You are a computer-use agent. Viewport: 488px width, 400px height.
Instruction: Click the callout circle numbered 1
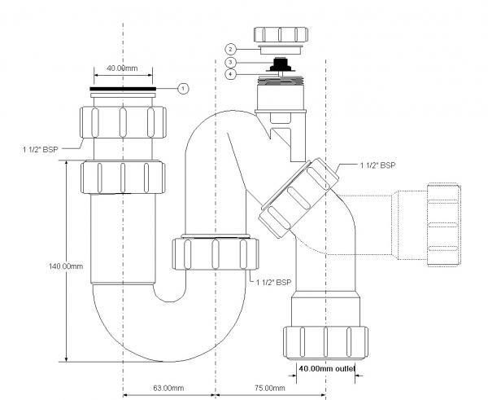[x=183, y=89]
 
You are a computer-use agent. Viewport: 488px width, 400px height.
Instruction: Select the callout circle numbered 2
[x=231, y=49]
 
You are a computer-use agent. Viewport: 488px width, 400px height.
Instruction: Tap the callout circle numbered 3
[x=230, y=63]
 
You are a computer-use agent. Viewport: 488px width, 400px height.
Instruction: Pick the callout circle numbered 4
[x=230, y=74]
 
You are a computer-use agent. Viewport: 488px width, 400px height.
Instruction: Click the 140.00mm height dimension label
[x=66, y=266]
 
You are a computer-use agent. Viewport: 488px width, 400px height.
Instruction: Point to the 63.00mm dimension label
[x=168, y=388]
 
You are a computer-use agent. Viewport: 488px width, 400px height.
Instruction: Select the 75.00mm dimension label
[x=269, y=388]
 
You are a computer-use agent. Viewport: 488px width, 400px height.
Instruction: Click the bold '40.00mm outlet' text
[x=327, y=369]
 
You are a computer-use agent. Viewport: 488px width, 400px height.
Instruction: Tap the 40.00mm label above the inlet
[x=122, y=68]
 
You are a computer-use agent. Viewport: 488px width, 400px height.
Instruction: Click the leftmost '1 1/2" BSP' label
[x=40, y=149]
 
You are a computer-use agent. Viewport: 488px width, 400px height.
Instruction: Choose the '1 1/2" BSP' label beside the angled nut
[x=378, y=165]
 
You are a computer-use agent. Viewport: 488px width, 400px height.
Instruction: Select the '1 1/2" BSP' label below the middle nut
[x=273, y=283]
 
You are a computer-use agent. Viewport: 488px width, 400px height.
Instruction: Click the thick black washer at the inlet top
[x=123, y=89]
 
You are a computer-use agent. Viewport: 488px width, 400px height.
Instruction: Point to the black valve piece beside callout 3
[x=281, y=64]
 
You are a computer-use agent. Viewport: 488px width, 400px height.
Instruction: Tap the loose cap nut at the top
[x=281, y=34]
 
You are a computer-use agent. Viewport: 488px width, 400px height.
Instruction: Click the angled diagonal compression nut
[x=299, y=198]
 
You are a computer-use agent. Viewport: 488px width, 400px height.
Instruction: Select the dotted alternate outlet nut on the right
[x=443, y=225]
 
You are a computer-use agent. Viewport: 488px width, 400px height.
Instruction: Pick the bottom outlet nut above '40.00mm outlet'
[x=325, y=342]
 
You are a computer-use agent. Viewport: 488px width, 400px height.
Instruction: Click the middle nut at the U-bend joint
[x=216, y=254]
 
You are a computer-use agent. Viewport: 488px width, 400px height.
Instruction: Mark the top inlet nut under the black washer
[x=123, y=122]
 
